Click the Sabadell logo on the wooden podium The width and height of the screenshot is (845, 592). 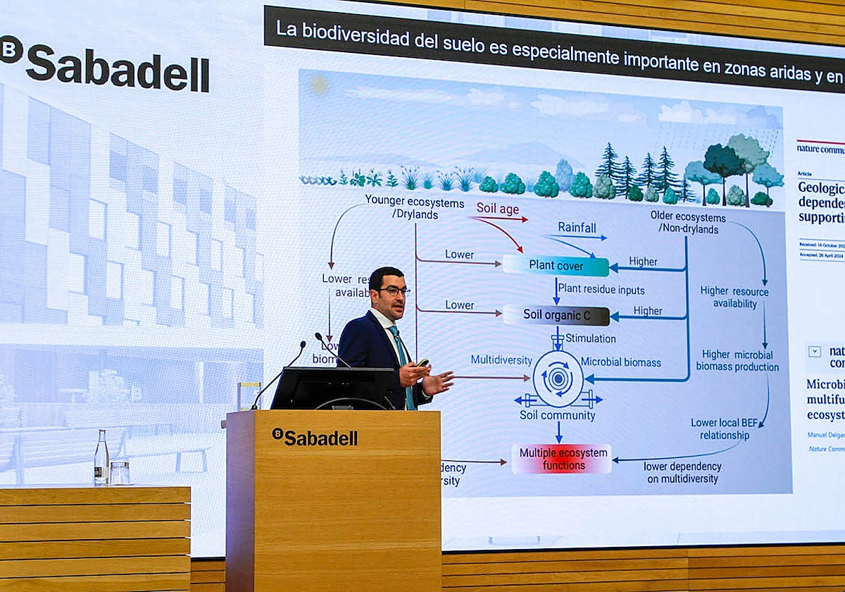coord(315,437)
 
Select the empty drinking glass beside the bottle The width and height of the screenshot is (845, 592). coord(120,473)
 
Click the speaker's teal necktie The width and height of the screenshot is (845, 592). coord(403,366)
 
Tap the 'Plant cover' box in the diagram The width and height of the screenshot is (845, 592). coord(556,266)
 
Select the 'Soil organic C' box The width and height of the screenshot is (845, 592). coord(556,314)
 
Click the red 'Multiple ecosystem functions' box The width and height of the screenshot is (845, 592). coord(561,459)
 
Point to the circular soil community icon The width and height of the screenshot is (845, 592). coord(558,378)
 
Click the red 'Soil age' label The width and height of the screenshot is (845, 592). coord(497,209)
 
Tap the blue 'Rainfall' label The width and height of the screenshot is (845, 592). coord(577,228)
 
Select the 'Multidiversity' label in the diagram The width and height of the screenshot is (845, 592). coord(501,360)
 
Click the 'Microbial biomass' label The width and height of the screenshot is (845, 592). coord(620,362)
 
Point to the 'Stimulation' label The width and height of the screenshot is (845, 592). coord(590,339)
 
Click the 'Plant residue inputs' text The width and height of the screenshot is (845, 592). coord(601,290)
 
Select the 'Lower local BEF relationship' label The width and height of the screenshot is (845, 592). coord(725,428)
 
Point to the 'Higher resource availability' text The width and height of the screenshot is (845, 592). coord(734,297)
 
